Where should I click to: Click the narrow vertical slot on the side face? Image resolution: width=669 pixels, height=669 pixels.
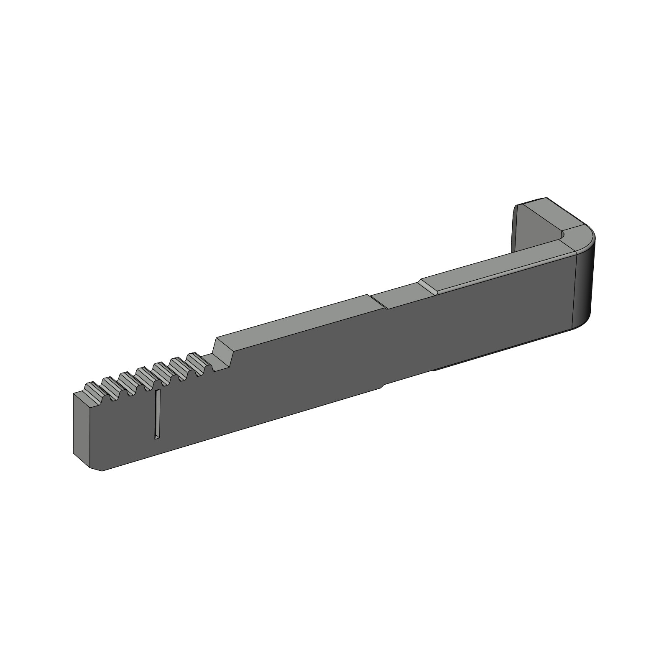[x=157, y=414]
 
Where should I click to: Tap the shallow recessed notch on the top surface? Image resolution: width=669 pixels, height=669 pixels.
[x=397, y=297]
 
